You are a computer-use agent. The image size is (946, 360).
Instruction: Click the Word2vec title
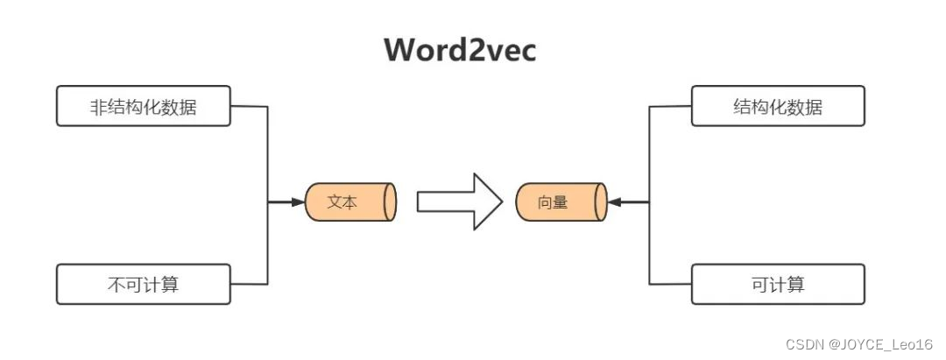click(x=459, y=50)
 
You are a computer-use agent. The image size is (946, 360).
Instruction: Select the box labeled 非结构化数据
click(x=144, y=106)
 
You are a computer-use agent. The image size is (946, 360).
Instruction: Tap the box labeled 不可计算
click(x=144, y=284)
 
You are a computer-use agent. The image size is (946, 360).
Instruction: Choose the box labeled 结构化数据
click(x=778, y=106)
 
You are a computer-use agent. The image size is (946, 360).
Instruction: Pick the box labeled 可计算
click(x=778, y=284)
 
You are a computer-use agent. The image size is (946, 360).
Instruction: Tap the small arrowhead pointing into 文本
click(x=298, y=202)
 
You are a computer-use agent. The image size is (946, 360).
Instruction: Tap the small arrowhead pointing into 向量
click(x=615, y=202)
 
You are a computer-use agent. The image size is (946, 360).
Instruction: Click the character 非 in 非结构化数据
click(x=100, y=108)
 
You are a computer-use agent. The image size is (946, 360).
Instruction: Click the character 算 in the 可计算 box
click(x=795, y=285)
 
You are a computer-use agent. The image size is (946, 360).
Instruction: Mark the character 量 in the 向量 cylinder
click(x=561, y=202)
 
